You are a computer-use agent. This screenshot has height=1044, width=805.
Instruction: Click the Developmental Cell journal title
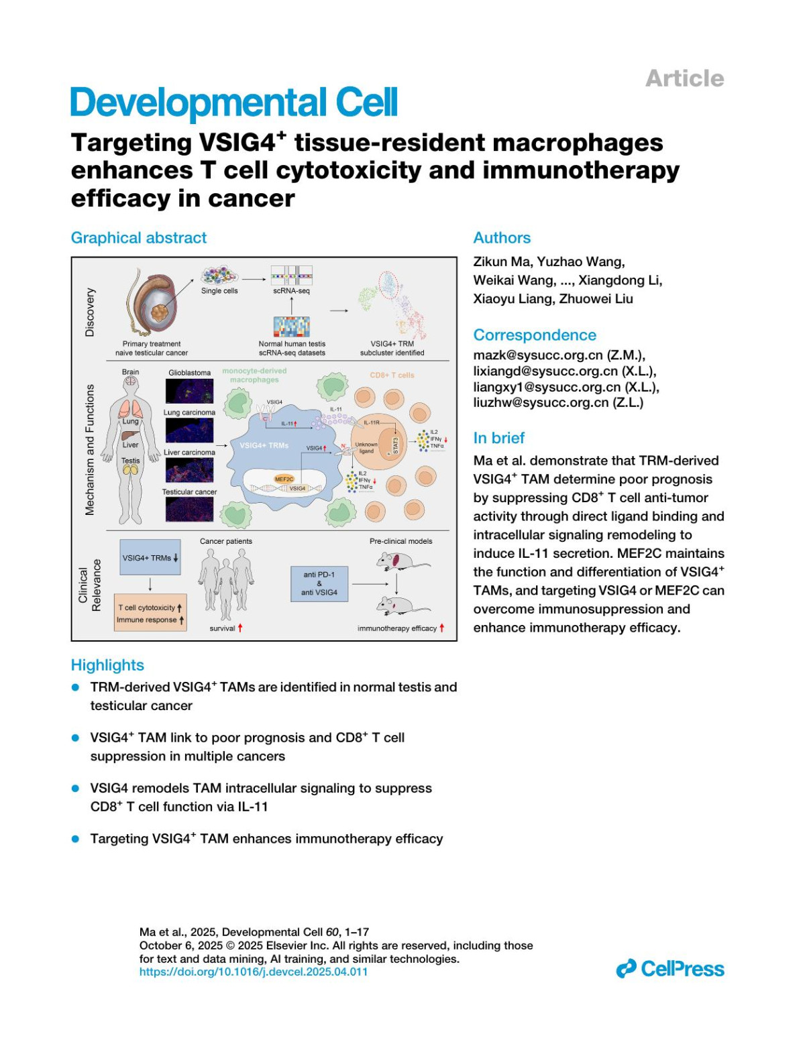coord(234,103)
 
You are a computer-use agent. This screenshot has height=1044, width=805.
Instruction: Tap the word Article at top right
coord(684,78)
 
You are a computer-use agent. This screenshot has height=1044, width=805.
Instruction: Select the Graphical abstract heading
coord(139,238)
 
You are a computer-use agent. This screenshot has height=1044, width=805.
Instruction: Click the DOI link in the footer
coord(254,972)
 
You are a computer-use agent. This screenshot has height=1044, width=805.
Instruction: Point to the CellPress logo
coord(670,969)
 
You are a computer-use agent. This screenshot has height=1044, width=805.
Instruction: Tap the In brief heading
coord(499,438)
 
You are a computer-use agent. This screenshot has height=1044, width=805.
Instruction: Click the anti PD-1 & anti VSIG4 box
coord(319,583)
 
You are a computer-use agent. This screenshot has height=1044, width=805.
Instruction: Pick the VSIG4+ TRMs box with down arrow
coord(150,557)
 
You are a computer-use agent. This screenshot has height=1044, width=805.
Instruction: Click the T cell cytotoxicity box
coord(150,613)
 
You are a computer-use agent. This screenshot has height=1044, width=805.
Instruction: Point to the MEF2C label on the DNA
coord(284,479)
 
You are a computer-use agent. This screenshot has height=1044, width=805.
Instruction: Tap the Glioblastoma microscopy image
coord(189,391)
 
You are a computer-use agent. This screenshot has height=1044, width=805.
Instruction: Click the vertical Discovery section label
coord(90,312)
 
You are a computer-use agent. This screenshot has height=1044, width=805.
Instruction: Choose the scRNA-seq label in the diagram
coord(292,291)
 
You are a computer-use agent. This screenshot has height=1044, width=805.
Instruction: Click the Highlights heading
coord(107,665)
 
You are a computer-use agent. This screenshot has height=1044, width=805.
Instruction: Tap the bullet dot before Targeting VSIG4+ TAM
coord(76,839)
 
